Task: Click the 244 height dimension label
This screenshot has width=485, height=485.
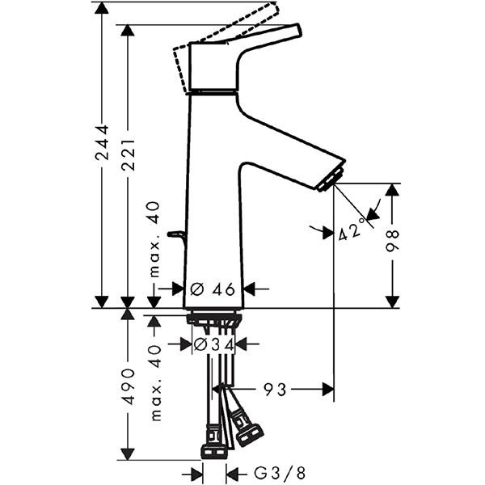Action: coord(102,142)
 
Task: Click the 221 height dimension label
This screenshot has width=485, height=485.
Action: coord(128,155)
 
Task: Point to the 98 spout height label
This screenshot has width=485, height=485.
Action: coord(393,241)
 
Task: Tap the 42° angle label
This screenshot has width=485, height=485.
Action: coord(352,230)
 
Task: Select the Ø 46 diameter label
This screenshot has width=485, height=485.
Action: coord(213,289)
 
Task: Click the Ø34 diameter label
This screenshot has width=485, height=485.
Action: coord(213,344)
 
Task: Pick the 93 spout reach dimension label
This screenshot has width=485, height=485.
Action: coord(275,390)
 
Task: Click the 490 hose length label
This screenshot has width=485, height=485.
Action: coord(128,386)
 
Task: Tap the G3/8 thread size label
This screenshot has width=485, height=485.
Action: coord(280,473)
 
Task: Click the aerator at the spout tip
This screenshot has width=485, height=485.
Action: coord(331,179)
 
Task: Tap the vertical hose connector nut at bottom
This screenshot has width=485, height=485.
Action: coord(214,451)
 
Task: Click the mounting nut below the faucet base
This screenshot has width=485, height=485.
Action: coord(213,318)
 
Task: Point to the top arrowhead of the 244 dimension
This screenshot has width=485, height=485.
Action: coord(102,8)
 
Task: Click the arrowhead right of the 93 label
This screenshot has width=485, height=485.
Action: coord(328,390)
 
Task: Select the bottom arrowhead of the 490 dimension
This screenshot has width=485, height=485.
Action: coord(128,453)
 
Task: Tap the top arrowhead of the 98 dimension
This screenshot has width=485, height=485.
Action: coord(393,190)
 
